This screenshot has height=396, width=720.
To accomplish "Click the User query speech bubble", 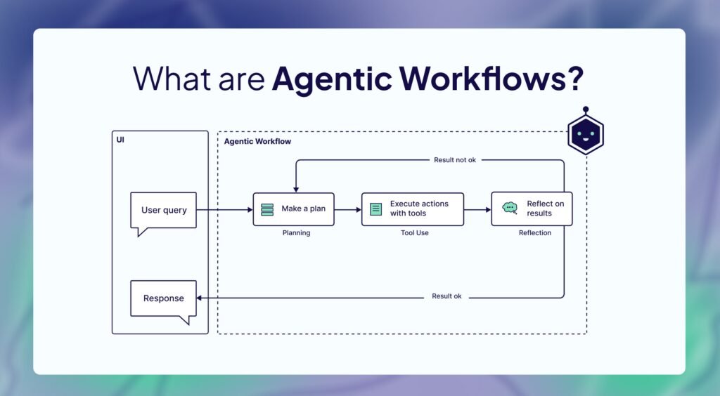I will (x=164, y=210).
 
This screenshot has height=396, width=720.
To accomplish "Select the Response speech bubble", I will (x=163, y=298).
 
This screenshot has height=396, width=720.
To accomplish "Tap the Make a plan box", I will (x=293, y=209).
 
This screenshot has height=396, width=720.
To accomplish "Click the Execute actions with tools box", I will (x=413, y=209).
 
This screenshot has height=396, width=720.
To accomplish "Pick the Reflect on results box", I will (x=532, y=209).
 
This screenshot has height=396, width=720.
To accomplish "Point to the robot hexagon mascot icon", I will (x=585, y=133).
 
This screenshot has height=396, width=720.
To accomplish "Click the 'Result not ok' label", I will (x=454, y=160).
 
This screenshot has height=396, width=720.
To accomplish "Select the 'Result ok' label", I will (x=446, y=296).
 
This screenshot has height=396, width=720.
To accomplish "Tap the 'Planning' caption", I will (x=295, y=233).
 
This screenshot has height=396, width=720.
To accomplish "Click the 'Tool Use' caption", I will (x=413, y=233).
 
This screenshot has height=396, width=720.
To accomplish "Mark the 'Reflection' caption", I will (x=535, y=233).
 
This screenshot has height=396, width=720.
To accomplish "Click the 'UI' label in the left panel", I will (x=120, y=140).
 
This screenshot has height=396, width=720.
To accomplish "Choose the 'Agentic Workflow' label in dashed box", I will (x=257, y=142).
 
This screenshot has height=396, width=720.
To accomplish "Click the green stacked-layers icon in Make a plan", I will (x=267, y=209).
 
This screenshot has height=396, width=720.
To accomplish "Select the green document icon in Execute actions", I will (x=376, y=209).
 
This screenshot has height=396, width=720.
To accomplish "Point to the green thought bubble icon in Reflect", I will (x=510, y=208).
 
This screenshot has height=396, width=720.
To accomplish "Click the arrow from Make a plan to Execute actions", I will (x=348, y=209).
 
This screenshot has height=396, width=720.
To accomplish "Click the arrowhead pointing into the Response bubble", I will (x=200, y=298).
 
